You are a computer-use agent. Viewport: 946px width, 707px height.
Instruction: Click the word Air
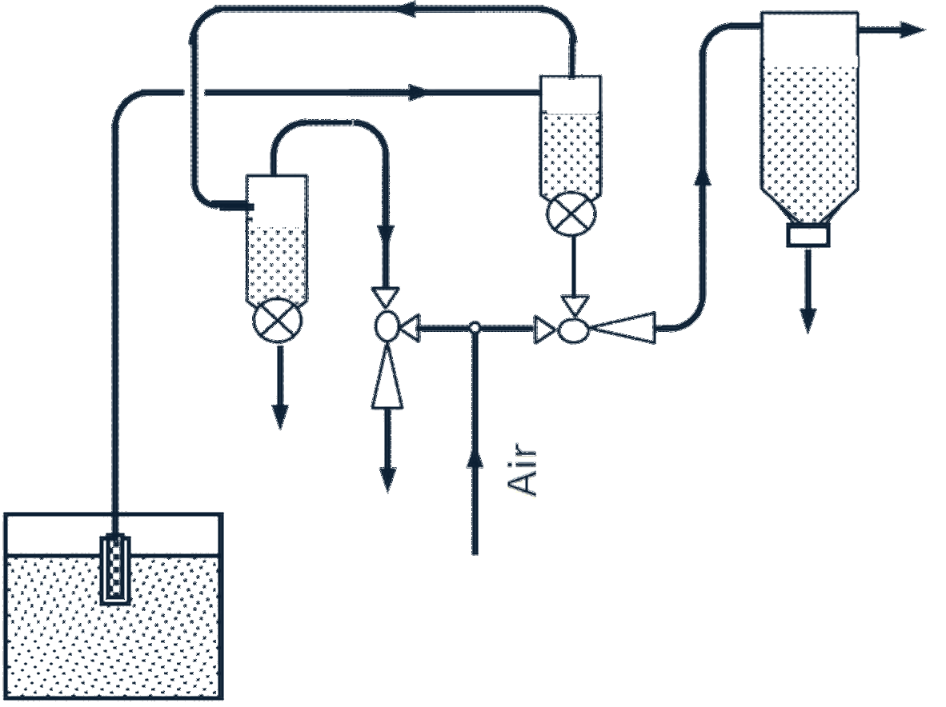(x=522, y=471)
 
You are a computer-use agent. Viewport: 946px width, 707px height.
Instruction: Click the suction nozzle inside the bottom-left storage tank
(x=114, y=569)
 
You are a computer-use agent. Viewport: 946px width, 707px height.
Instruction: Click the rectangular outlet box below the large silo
(x=808, y=235)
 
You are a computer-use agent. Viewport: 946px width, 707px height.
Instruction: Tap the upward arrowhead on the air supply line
(x=475, y=461)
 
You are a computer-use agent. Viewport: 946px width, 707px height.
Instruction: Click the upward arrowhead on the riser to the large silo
(x=703, y=175)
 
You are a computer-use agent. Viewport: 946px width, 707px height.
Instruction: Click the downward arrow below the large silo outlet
(x=808, y=290)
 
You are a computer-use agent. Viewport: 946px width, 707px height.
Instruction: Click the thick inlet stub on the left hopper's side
(x=236, y=206)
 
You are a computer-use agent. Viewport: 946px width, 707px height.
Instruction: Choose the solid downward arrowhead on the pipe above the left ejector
(x=386, y=233)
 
